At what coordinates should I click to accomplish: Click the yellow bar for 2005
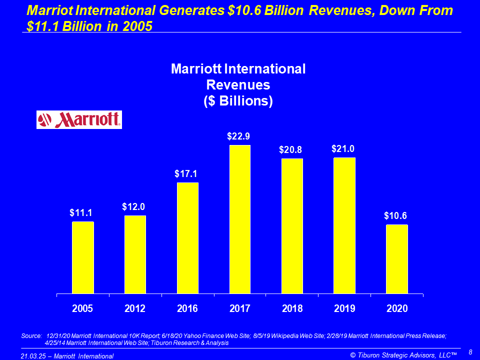82,257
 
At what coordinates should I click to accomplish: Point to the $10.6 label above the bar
396,216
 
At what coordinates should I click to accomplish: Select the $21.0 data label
343,149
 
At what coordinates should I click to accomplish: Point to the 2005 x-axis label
82,308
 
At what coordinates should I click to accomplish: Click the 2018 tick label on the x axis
292,308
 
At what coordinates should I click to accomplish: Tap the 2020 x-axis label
397,308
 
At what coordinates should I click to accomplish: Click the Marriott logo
79,120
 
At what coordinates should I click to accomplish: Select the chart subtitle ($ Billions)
238,100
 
